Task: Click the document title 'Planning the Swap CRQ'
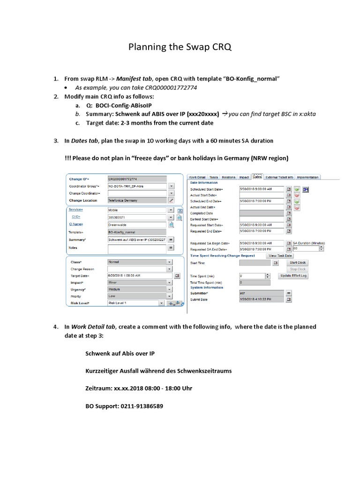pyautogui.click(x=180, y=48)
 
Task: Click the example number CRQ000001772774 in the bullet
pyautogui.click(x=157, y=88)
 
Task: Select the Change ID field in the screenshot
pyautogui.click(x=137, y=179)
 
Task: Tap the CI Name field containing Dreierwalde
pyautogui.click(x=137, y=225)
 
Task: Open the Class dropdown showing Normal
pyautogui.click(x=137, y=262)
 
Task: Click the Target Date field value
pyautogui.click(x=137, y=276)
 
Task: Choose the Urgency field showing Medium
pyautogui.click(x=137, y=290)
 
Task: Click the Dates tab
pyautogui.click(x=257, y=177)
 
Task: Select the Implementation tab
pyautogui.click(x=308, y=177)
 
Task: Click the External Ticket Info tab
pyautogui.click(x=279, y=177)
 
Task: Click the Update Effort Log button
pyautogui.click(x=293, y=276)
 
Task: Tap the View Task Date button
pyautogui.click(x=280, y=256)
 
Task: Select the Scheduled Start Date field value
pyautogui.click(x=262, y=188)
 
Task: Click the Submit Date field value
pyautogui.click(x=262, y=299)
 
